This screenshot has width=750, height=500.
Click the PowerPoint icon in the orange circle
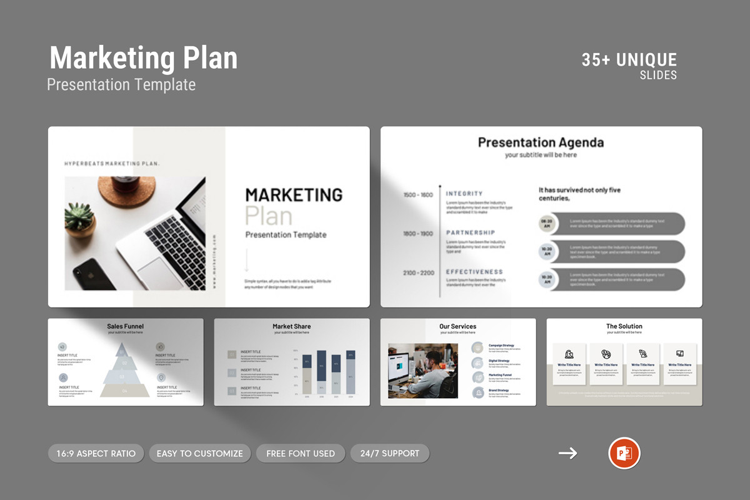[x=624, y=453]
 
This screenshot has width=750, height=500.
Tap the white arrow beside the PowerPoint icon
[x=567, y=453]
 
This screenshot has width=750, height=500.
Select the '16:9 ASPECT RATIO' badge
[x=96, y=453]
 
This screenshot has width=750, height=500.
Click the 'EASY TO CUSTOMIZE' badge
[x=199, y=453]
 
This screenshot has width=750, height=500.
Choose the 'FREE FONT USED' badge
[x=300, y=453]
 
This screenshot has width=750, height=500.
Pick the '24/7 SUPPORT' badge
[x=389, y=453]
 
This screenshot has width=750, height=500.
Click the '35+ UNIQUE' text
[x=629, y=60]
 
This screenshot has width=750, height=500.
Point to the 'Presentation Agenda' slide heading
[x=541, y=142]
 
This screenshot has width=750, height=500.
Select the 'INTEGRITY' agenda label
[x=464, y=194]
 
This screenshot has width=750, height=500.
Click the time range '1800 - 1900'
[x=418, y=234]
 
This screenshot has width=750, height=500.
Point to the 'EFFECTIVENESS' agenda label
[x=474, y=272]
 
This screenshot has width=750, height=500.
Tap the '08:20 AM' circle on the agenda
[x=546, y=224]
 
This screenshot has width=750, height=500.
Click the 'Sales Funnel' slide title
[x=125, y=326]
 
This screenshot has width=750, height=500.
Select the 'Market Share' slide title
[x=291, y=326]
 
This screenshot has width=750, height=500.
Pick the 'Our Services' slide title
[x=457, y=326]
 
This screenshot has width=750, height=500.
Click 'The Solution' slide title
[x=624, y=326]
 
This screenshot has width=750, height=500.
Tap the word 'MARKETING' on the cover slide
[x=294, y=195]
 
